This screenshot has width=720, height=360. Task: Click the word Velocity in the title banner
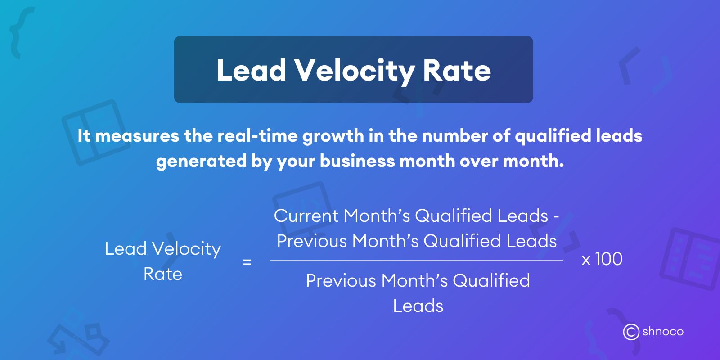[x=354, y=71]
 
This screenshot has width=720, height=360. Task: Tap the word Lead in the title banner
[x=251, y=71]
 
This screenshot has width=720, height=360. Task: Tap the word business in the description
[x=357, y=161]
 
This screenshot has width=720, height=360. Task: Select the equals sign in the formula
[x=247, y=262]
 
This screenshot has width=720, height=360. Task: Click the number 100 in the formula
[x=609, y=259]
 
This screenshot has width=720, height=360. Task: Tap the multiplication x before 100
[x=586, y=260]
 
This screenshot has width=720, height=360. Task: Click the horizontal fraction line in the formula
[x=416, y=261]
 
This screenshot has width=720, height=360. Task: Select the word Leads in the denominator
[x=418, y=306]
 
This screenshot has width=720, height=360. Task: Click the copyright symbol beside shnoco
[x=631, y=332]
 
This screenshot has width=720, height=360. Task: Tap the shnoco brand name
[x=663, y=332]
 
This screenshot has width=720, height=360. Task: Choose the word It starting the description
[x=84, y=136]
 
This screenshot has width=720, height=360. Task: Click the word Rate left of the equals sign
[x=163, y=274]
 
